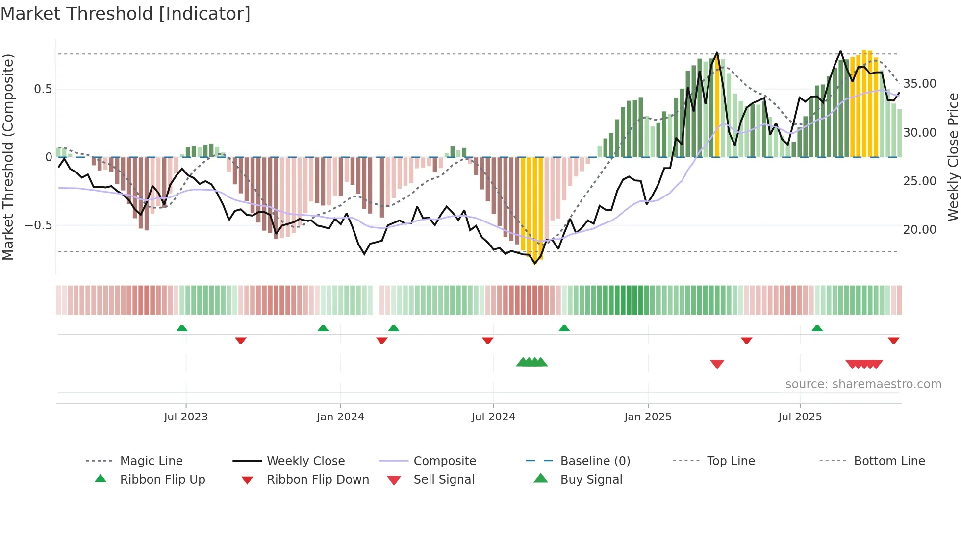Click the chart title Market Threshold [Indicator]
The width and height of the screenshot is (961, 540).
tap(126, 14)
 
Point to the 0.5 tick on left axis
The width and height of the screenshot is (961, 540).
tap(43, 89)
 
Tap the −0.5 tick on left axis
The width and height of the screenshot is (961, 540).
tap(39, 225)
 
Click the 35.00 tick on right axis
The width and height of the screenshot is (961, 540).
tap(920, 84)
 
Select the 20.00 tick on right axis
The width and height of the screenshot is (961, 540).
tap(920, 230)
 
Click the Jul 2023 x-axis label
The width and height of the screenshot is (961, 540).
tap(186, 417)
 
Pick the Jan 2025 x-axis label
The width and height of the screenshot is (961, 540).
tap(648, 417)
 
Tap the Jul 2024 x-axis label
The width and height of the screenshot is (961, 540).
tap(493, 417)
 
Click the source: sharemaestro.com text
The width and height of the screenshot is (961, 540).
tap(863, 384)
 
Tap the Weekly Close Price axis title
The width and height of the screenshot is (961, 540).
tap(953, 157)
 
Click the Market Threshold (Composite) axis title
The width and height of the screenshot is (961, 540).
tap(8, 157)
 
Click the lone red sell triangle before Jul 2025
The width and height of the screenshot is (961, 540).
tap(717, 364)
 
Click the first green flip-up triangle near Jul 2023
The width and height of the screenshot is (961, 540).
tap(182, 328)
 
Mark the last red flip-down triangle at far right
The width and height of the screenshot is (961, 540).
tap(893, 340)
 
